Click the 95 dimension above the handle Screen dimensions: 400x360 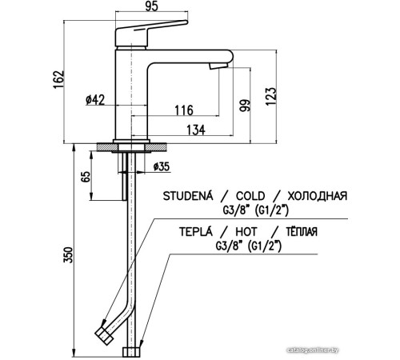(x=151, y=6)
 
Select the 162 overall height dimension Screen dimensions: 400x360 (x=58, y=79)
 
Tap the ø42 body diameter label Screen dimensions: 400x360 (x=95, y=100)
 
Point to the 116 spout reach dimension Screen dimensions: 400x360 (x=184, y=110)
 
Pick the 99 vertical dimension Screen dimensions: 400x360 (x=245, y=106)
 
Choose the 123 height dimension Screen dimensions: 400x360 (x=271, y=96)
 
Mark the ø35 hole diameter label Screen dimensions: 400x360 (x=162, y=166)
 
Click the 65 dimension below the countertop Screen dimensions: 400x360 (x=86, y=177)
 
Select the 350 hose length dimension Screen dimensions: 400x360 (x=68, y=255)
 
